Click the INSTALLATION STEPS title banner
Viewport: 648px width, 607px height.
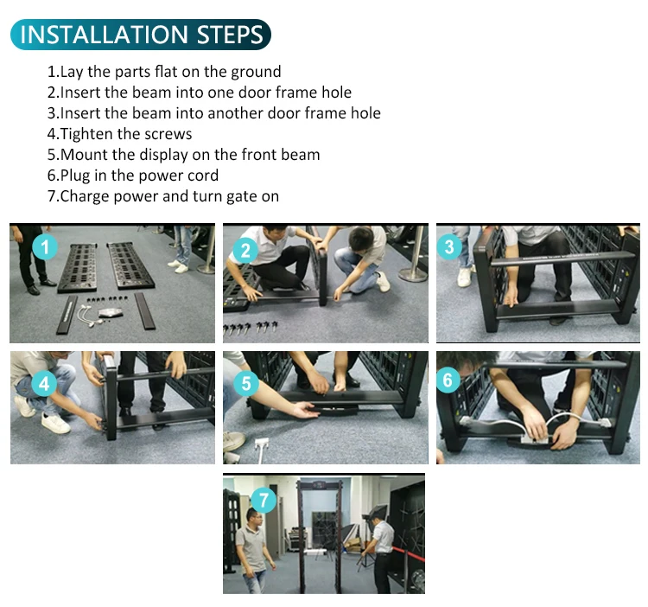(x=141, y=35)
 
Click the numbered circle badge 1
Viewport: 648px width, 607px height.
(x=45, y=246)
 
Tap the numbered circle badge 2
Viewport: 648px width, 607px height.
(x=245, y=251)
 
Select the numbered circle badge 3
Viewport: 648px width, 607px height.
(x=448, y=246)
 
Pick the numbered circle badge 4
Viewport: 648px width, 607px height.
(x=44, y=383)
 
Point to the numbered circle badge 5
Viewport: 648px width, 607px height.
(x=246, y=383)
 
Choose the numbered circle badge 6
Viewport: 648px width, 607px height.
(x=448, y=380)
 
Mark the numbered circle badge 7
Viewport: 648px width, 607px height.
(x=263, y=500)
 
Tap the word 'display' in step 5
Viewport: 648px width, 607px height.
(x=163, y=155)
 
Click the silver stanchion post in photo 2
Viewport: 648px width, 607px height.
(x=415, y=254)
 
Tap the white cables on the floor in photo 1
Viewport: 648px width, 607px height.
(x=90, y=315)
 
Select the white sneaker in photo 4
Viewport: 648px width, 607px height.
(x=55, y=424)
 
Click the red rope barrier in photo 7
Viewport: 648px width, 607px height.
(x=408, y=554)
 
